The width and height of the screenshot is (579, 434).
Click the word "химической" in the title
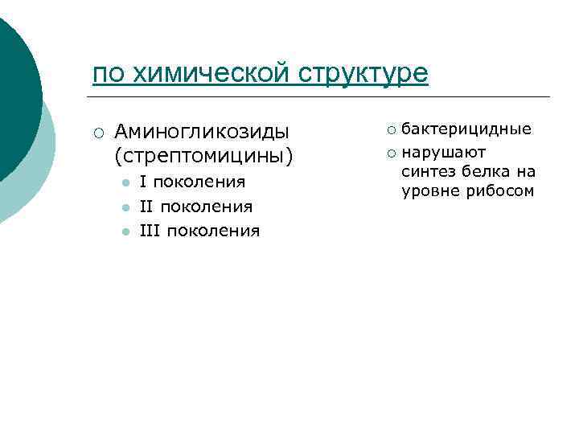pyautogui.click(x=210, y=74)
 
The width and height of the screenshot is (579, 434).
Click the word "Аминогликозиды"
pyautogui.click(x=202, y=131)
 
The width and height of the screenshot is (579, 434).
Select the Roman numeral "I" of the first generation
pyautogui.click(x=142, y=182)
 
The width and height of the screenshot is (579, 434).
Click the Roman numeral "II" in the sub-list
pyautogui.click(x=146, y=207)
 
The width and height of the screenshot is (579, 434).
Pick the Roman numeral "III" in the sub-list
pyautogui.click(x=149, y=231)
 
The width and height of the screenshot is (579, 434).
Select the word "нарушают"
pyautogui.click(x=444, y=151)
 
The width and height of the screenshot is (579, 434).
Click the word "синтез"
pyautogui.click(x=425, y=171)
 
